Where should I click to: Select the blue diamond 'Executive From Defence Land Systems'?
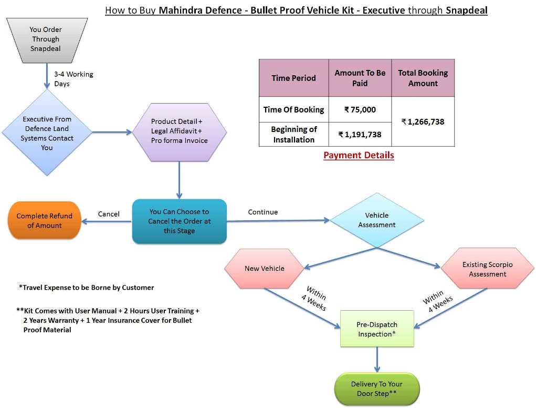pos(47,133)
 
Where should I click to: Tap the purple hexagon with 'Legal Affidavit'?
pos(179,131)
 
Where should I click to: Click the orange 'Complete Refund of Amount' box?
pos(45,221)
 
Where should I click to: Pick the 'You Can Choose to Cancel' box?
pos(179,221)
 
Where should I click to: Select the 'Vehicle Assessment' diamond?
pos(376,220)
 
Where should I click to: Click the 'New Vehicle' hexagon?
pos(265,269)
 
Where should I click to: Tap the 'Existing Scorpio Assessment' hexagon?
pos(487,269)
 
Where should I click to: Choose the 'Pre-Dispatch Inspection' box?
pos(376,329)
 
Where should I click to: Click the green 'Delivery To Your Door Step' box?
pos(376,389)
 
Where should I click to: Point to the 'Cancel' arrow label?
pos(109,214)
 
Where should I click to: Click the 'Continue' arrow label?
pos(263,212)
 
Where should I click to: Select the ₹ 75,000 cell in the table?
pos(360,109)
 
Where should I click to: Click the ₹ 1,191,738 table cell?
pos(360,135)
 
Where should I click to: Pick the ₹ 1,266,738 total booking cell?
pos(423,121)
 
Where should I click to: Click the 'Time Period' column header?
pos(293,78)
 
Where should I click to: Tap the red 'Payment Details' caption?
pos(359,155)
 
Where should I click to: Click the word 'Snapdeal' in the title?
pos(466,10)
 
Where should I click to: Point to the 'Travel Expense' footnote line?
pos(87,288)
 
